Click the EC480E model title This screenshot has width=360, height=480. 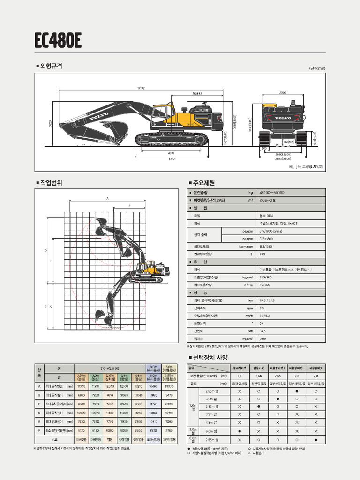tap(58, 41)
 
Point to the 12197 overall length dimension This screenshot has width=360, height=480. tap(141, 88)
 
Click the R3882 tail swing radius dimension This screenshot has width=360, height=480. tap(197, 94)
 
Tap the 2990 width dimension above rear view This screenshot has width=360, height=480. tap(283, 92)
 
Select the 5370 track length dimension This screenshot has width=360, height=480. tap(171, 158)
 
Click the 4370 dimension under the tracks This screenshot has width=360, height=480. tap(171, 152)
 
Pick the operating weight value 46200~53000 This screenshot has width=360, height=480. tap(271, 193)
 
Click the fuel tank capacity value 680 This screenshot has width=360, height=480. tap(262, 254)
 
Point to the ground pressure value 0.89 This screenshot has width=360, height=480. tap(262, 338)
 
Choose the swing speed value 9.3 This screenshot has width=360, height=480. tap(262, 308)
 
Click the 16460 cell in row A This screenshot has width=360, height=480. tap(153, 386)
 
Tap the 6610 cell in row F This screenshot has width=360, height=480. tap(153, 430)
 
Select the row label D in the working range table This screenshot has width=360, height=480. tap(39, 412)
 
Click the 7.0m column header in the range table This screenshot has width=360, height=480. tap(110, 368)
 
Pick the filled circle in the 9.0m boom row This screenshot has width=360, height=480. tap(240, 430)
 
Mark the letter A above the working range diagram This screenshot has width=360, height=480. tap(107, 198)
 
